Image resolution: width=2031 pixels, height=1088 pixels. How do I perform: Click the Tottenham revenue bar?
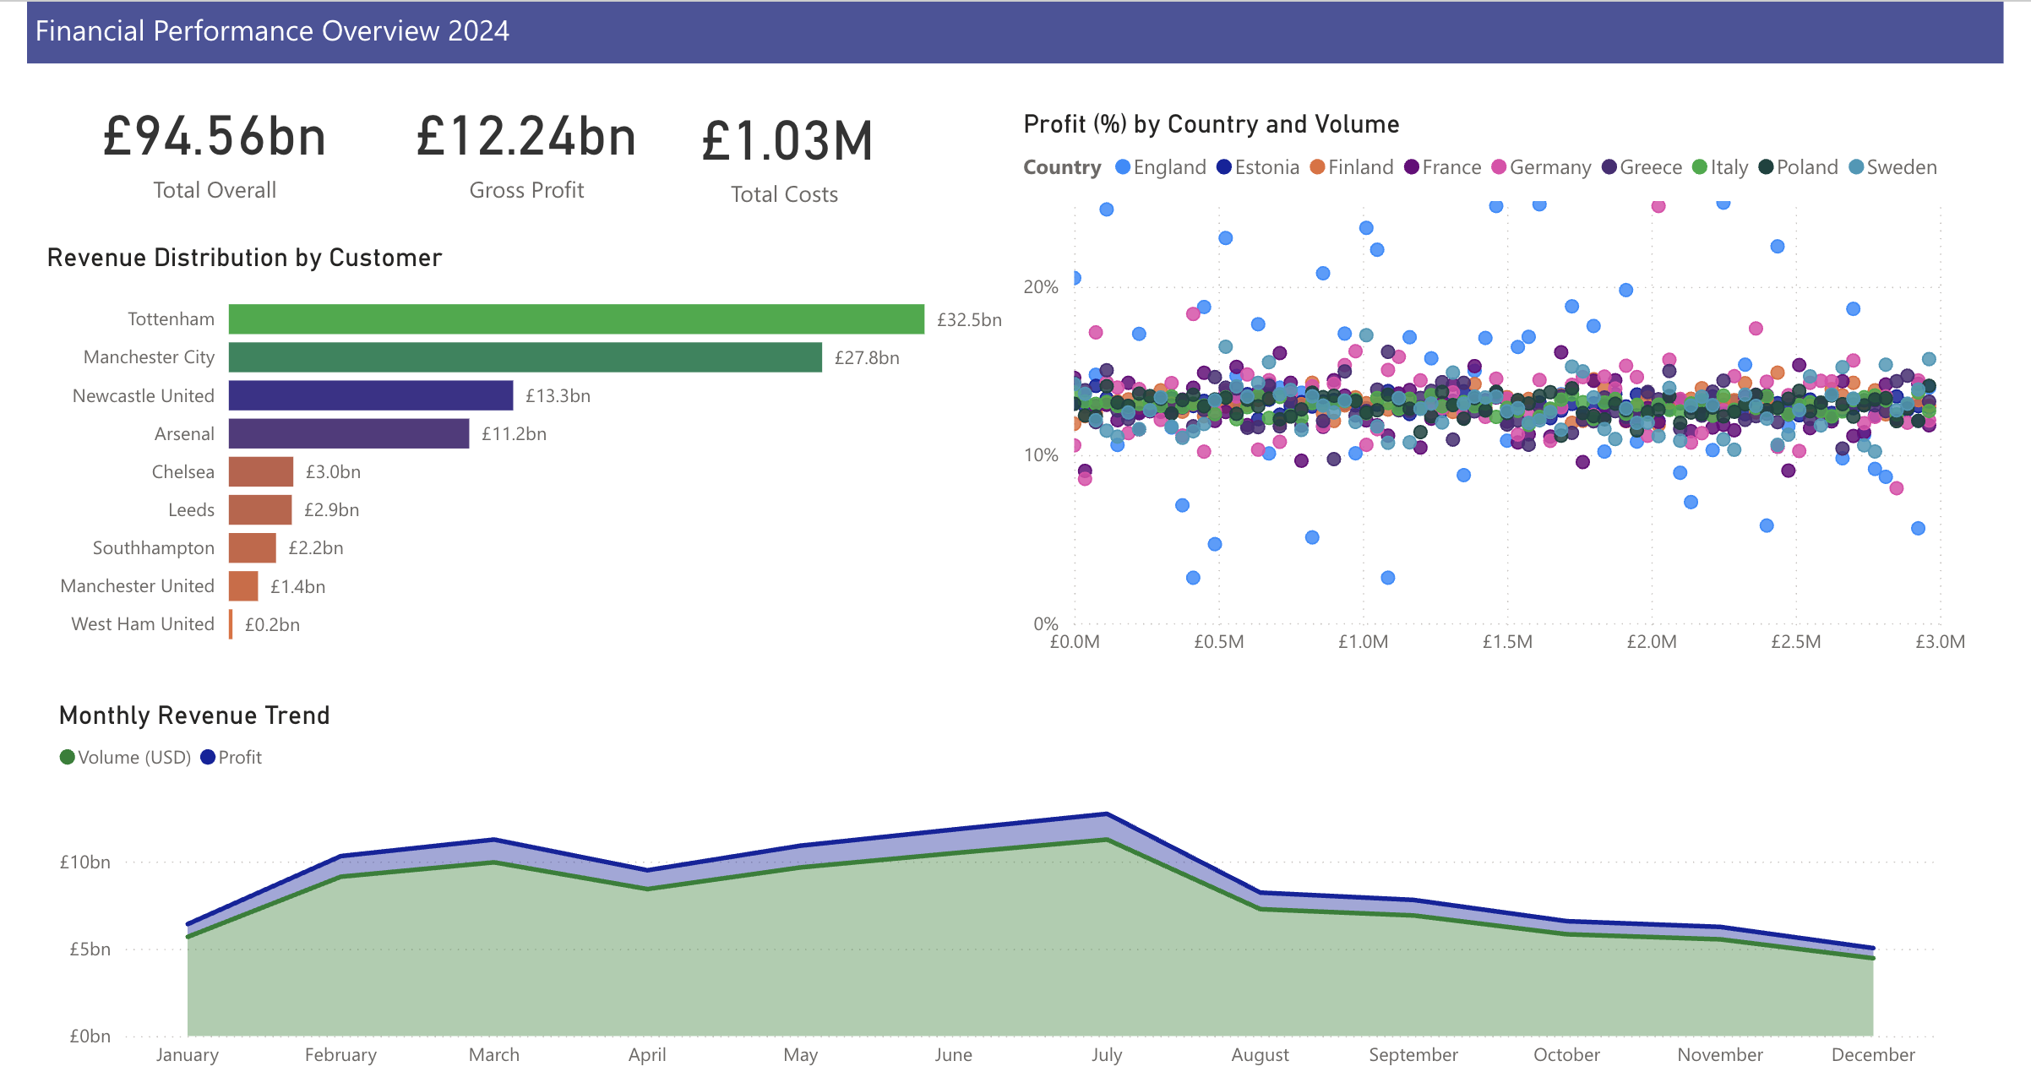click(576, 319)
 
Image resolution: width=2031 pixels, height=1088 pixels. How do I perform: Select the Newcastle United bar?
click(370, 395)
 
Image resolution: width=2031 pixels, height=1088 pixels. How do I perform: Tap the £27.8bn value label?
click(866, 358)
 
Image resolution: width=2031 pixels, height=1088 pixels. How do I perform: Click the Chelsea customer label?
click(182, 472)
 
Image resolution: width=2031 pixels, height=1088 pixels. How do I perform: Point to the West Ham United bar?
click(231, 624)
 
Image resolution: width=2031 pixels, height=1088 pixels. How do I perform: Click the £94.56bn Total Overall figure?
click(215, 138)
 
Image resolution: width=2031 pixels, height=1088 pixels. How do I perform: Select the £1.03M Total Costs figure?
click(787, 141)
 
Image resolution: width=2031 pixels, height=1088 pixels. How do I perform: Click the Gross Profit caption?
click(526, 191)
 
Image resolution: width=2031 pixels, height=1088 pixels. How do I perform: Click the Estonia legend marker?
click(1224, 167)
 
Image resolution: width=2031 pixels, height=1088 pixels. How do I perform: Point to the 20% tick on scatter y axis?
click(1040, 287)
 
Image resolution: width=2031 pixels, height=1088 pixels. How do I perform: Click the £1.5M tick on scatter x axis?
click(1507, 642)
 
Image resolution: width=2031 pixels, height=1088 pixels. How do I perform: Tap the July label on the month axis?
click(1106, 1055)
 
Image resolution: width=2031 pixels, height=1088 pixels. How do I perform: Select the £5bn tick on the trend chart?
click(90, 949)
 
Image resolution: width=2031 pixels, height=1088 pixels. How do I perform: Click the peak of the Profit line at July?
click(1106, 814)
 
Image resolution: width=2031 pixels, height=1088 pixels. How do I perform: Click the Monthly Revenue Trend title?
click(194, 715)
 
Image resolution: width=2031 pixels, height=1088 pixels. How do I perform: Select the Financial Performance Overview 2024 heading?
click(272, 31)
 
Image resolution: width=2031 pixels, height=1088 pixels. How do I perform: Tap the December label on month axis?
click(1872, 1055)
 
